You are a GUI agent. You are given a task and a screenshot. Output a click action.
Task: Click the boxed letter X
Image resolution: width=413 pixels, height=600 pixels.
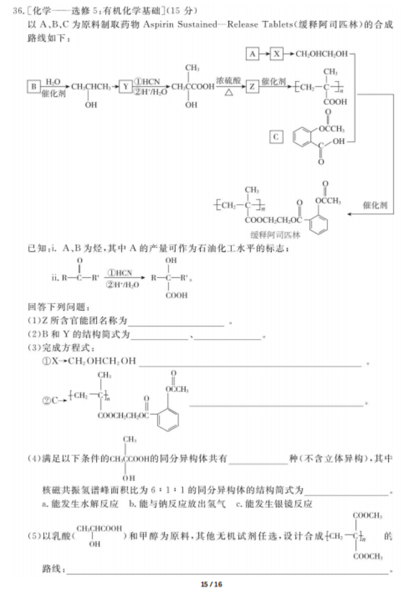[277, 53]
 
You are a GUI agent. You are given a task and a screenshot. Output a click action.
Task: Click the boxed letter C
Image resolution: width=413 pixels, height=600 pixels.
[276, 137]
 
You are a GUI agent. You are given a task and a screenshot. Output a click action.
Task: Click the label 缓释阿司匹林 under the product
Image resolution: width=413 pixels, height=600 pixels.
[274, 234]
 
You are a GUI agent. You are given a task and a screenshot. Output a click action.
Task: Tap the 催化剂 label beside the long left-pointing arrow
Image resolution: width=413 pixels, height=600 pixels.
[376, 204]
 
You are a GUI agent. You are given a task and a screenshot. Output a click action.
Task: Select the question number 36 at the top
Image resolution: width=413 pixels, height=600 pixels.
[18, 11]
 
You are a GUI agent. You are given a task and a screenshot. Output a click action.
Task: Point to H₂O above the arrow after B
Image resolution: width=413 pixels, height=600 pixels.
[53, 82]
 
